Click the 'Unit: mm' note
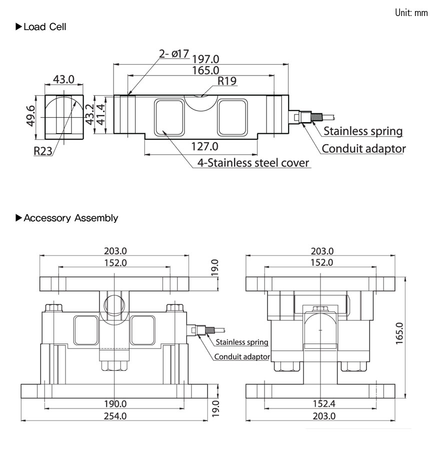411,13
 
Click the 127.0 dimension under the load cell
205,147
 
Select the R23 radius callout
43,151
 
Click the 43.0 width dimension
63,79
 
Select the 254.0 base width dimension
115,416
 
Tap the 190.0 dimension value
115,404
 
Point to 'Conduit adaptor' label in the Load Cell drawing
363,149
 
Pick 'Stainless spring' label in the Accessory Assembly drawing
242,342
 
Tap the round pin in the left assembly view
114,304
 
